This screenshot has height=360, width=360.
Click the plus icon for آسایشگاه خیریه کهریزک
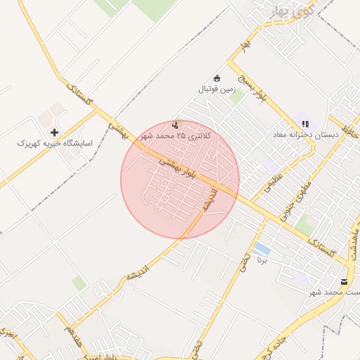[x=54, y=132]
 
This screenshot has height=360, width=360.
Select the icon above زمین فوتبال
[x=217, y=78]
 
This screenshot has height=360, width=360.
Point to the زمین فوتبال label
[x=217, y=89]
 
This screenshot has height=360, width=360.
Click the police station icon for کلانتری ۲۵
[x=175, y=124]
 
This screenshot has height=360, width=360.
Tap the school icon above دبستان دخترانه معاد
[x=304, y=123]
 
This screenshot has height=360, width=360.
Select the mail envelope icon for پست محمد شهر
[x=344, y=281]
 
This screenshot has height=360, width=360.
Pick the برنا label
[x=262, y=261]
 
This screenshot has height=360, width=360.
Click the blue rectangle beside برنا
[x=262, y=250]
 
